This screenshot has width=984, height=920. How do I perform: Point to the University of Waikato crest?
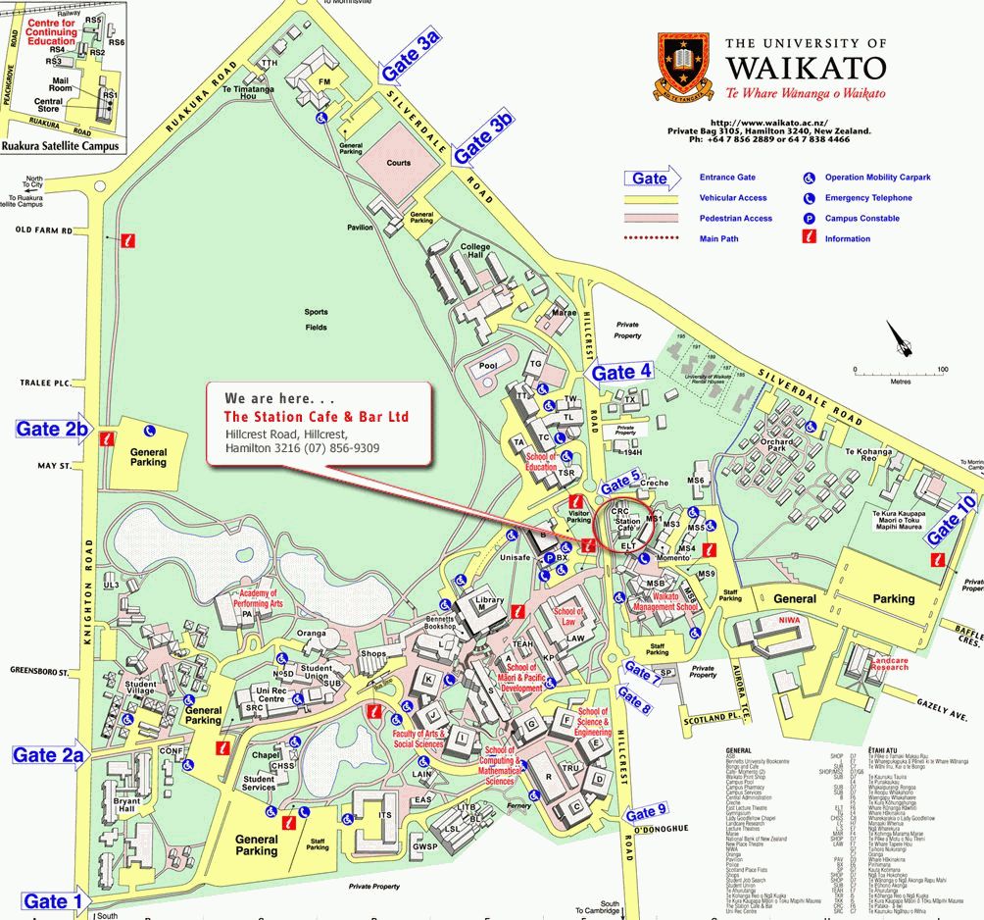coord(685,68)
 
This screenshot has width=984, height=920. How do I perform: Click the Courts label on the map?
coord(399,163)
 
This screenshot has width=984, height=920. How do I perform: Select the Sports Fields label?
coord(316,319)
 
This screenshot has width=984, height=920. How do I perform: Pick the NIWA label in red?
coord(790,620)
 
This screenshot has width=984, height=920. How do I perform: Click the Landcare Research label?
coord(890,664)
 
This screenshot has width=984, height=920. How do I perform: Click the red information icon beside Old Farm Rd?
coord(127,239)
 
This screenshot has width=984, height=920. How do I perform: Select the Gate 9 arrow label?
coord(647,812)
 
